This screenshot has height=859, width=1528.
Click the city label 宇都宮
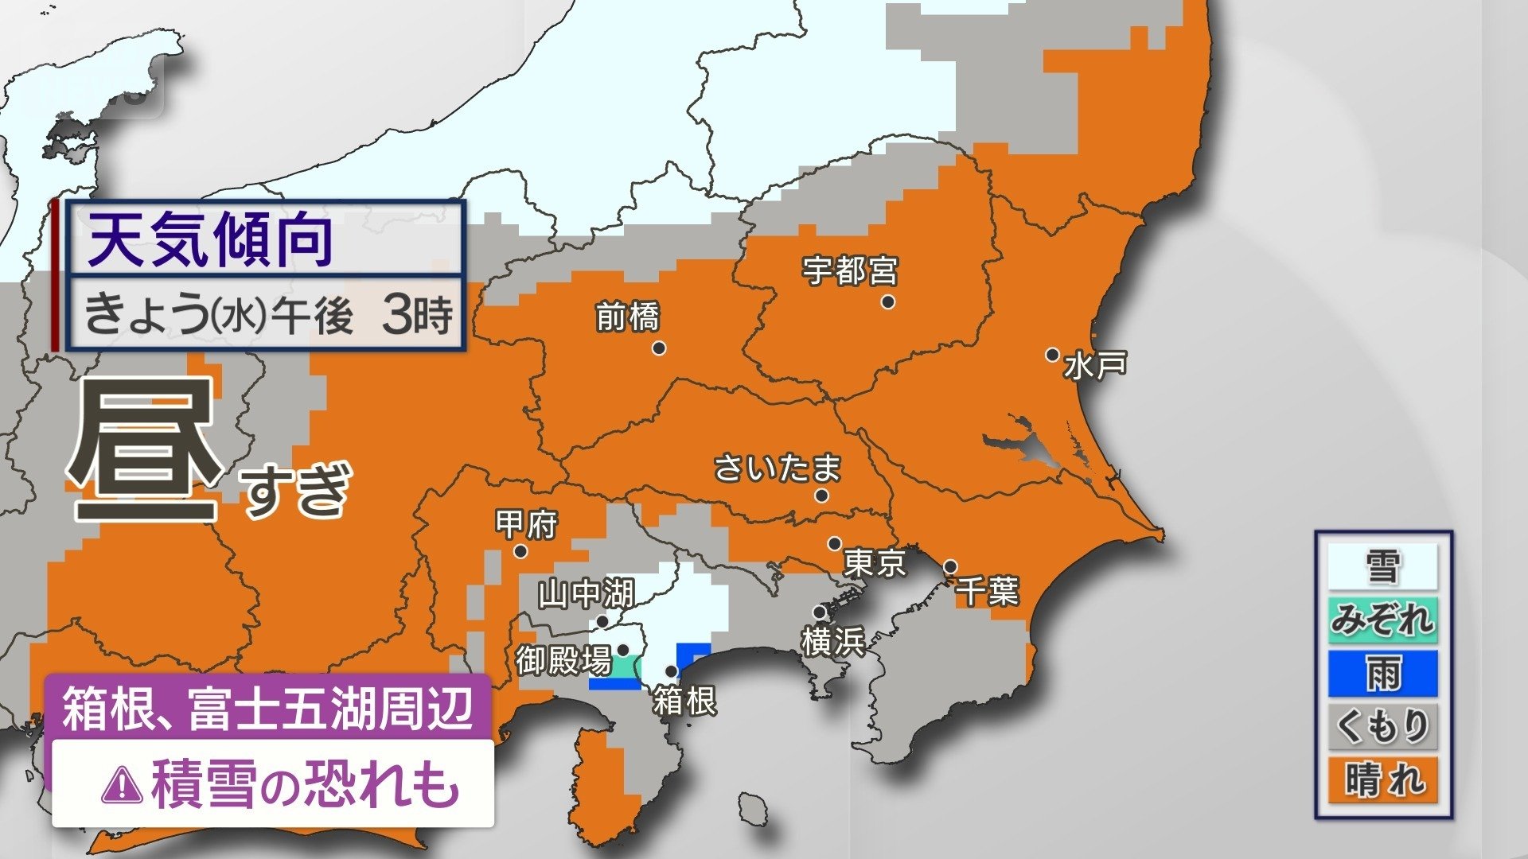(850, 271)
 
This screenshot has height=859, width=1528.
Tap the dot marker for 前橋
(659, 348)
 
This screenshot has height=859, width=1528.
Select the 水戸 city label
(1096, 366)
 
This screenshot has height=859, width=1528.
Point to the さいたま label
(778, 468)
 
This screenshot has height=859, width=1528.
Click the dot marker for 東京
(834, 544)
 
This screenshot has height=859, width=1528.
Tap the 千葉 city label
(987, 591)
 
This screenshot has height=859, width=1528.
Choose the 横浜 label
(833, 642)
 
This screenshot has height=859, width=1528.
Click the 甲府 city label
(526, 524)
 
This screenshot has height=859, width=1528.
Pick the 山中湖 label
(586, 593)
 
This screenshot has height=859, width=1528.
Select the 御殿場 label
(563, 660)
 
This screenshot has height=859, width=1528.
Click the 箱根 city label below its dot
(684, 702)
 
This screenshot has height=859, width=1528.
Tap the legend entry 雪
(1382, 567)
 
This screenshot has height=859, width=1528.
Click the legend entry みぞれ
(1382, 620)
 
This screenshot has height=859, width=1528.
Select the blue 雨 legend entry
(1382, 673)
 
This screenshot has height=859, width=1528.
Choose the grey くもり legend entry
(1382, 726)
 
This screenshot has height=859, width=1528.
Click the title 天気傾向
(210, 239)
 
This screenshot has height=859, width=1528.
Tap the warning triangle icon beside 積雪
(122, 786)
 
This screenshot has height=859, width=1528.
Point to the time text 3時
(417, 315)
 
